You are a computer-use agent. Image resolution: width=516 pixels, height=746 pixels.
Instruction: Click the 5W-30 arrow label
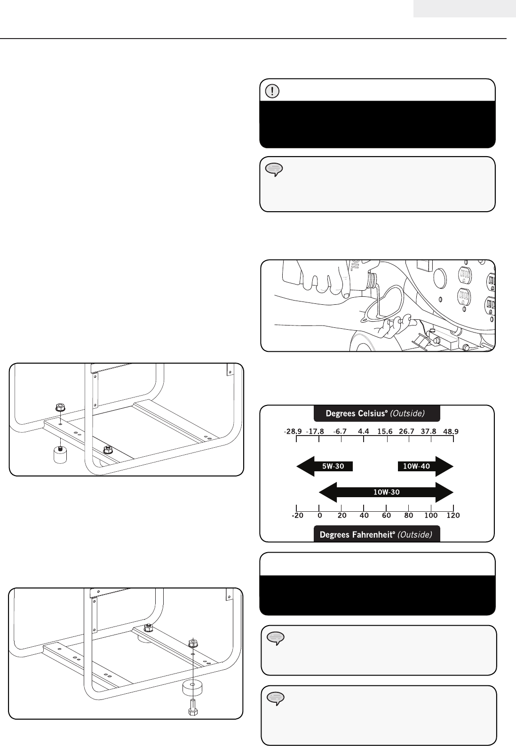[333, 467]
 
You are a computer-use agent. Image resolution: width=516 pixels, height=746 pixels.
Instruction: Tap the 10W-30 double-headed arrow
[386, 492]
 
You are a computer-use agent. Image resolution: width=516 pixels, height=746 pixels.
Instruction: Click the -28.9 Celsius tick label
[293, 431]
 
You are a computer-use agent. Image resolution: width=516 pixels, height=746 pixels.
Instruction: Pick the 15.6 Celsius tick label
[385, 431]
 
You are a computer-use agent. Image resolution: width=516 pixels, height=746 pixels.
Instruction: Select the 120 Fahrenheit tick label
[452, 516]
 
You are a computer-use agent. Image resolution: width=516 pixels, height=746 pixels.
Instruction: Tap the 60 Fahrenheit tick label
[386, 516]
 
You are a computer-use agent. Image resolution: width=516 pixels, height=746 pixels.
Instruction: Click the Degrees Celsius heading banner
[376, 414]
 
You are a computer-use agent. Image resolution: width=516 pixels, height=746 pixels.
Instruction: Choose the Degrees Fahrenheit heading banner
[376, 535]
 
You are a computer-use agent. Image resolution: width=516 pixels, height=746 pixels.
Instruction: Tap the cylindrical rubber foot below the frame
[59, 455]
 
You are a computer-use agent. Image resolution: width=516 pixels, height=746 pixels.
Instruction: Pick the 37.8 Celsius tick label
[429, 431]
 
